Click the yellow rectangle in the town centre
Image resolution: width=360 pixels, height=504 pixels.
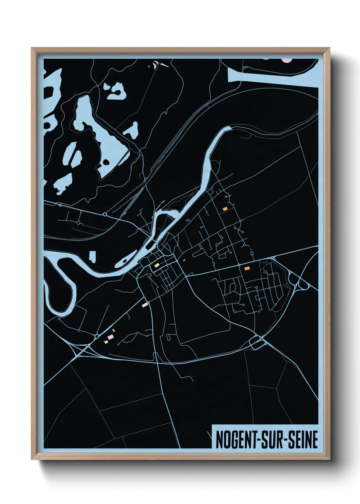coord(157,265)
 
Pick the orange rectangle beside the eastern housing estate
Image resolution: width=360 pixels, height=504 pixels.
coord(247,268)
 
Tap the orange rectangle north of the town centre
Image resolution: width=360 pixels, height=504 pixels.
coord(225,209)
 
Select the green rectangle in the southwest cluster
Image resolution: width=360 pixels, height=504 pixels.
coord(106,341)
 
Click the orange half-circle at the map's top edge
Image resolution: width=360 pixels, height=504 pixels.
coord(266,59)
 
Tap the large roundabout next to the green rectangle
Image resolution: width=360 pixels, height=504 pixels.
coord(97,336)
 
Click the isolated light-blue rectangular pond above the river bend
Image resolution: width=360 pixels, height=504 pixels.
coord(92,256)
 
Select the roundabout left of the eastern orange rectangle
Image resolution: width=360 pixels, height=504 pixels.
coord(239,265)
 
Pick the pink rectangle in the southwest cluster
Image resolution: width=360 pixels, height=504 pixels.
coord(110,337)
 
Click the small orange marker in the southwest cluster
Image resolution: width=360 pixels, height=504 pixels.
coord(114,330)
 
